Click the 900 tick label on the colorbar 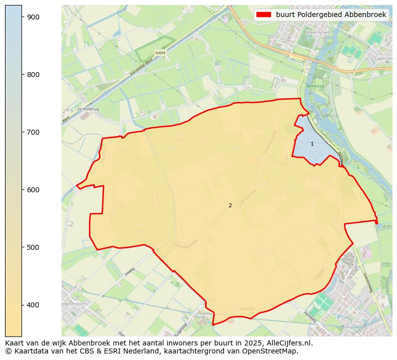click(x=33, y=17)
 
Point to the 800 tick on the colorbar click(x=33, y=75)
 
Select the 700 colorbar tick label click(x=33, y=132)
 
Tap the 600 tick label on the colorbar click(x=33, y=190)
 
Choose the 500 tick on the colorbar click(x=33, y=247)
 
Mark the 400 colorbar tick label click(x=33, y=305)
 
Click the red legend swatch click(x=263, y=15)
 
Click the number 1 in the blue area click(x=312, y=144)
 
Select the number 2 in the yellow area click(x=230, y=205)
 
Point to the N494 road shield click(x=160, y=53)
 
